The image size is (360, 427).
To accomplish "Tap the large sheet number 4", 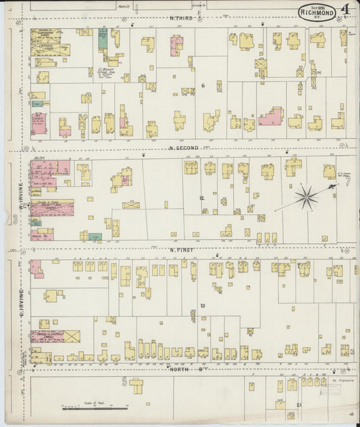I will click(345, 9).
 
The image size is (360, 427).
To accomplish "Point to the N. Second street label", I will click(184, 147).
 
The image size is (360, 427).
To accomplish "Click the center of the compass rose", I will click(305, 198).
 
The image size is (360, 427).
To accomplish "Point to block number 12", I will click(201, 198).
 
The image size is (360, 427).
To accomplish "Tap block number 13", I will click(201, 306).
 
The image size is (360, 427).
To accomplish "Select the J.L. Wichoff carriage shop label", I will click(107, 70).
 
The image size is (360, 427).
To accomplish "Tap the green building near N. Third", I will click(103, 39).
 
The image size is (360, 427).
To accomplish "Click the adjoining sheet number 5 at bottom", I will click(124, 382).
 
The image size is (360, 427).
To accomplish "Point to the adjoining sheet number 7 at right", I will click(348, 181).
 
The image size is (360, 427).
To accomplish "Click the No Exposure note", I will click(344, 381).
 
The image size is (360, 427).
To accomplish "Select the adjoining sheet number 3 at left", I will click(14, 220).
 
